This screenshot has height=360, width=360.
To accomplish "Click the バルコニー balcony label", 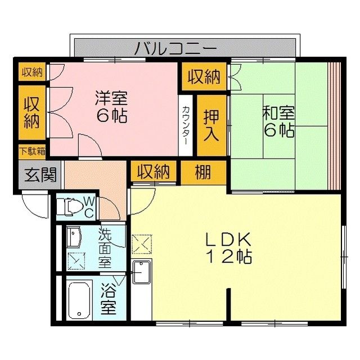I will point(175,48).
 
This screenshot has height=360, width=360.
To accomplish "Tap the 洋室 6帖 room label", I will point(111,106).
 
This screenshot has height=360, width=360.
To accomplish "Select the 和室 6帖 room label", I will point(278,121).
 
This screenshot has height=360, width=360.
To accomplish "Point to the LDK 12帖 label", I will point(228,247).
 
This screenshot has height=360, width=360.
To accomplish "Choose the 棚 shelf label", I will point(204,172).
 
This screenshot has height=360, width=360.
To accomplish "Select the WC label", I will point(88,206).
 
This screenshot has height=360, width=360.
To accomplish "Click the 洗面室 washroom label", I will point(105,247).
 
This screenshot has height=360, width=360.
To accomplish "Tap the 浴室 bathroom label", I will point(108,300).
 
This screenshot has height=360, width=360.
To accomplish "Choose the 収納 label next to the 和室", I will point(204,76).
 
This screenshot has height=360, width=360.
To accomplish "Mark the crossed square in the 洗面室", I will point(74,260).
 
